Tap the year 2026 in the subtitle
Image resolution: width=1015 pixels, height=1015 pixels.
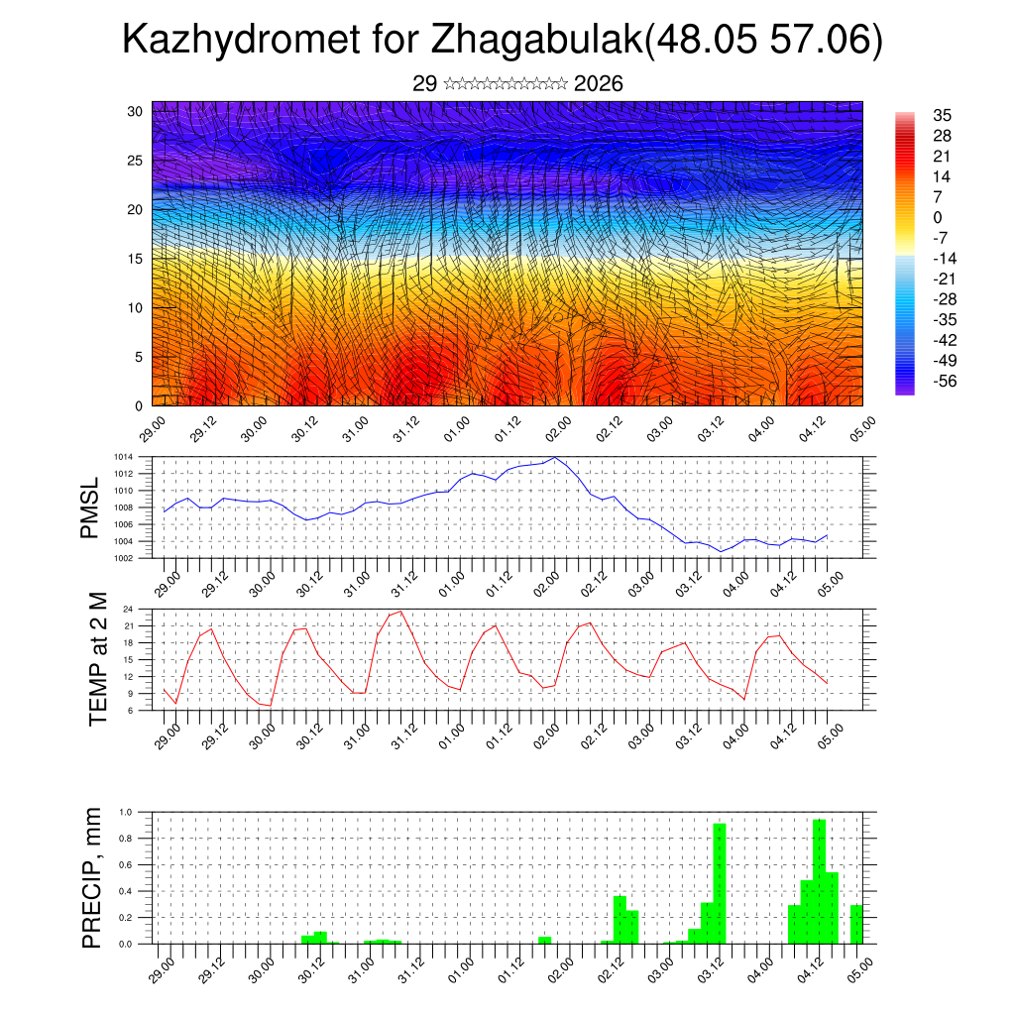click(x=598, y=84)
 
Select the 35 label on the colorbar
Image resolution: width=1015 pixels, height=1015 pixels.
click(x=942, y=116)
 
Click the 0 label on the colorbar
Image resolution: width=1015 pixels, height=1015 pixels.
click(x=938, y=217)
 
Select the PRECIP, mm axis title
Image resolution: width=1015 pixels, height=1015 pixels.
click(x=92, y=876)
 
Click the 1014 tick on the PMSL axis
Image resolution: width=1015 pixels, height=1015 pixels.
click(x=123, y=457)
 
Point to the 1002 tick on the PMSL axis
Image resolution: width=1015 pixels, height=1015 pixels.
click(x=123, y=558)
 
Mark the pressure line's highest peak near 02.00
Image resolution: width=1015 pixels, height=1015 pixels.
click(x=555, y=458)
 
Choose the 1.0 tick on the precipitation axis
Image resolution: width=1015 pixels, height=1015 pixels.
click(x=126, y=812)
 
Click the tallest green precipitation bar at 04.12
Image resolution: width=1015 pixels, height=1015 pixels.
click(x=819, y=880)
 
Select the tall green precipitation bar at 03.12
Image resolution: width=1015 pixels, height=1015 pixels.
click(x=720, y=882)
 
